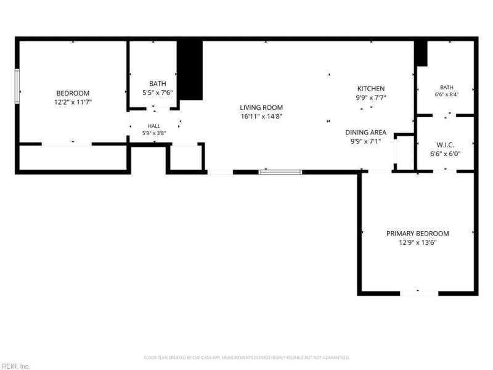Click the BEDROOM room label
pos(73,93)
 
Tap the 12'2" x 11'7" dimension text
pos(73,102)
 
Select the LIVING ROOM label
pos(261,107)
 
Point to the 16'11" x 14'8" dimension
pos(261,117)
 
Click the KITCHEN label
pos(371,89)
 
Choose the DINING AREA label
pos(365,133)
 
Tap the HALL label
pos(153,126)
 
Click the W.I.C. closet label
pos(445,145)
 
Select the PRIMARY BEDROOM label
pos(418,234)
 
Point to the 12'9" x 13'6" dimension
pos(418,242)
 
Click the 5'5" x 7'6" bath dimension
pos(158,93)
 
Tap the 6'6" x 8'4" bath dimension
pos(446,94)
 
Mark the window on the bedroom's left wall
pos(17,86)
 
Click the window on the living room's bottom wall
pos(280,172)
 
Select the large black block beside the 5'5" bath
pos(190,70)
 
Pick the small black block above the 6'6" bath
pos(421,54)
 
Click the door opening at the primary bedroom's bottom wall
pos(419,294)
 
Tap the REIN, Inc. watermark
pos(15,366)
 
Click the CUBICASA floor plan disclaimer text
pos(246,358)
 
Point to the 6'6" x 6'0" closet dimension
pos(445,154)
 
